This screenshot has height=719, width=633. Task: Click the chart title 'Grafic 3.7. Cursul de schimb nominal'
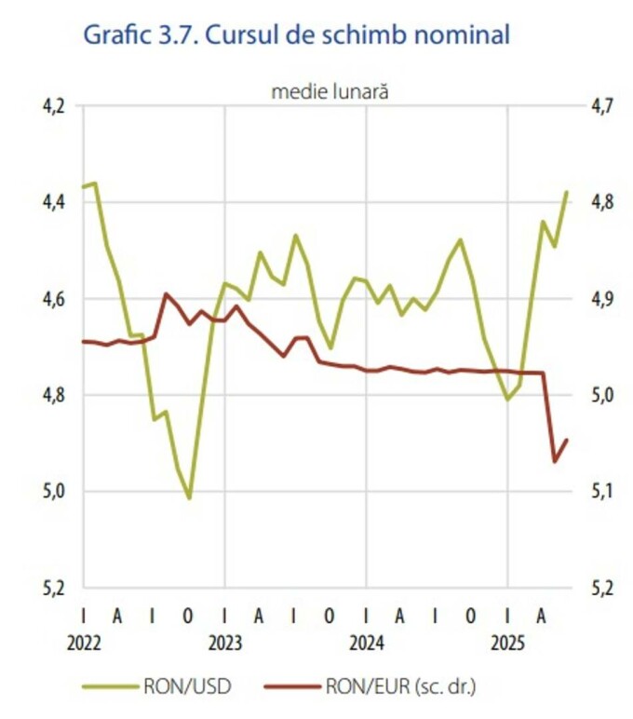coord(297,35)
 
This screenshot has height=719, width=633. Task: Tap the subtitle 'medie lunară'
coord(330,91)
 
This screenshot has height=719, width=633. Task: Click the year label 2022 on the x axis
coord(85,644)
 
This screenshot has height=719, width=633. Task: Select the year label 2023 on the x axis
coord(225,644)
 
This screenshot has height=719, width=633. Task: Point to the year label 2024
coord(367,644)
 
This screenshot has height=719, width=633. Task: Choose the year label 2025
coord(507,644)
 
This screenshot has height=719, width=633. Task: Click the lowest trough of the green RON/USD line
coord(189,498)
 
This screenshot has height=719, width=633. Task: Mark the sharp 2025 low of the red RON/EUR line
coord(555,461)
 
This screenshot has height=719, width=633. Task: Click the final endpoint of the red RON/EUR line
coord(567,440)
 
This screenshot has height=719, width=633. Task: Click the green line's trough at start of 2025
coord(507,400)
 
